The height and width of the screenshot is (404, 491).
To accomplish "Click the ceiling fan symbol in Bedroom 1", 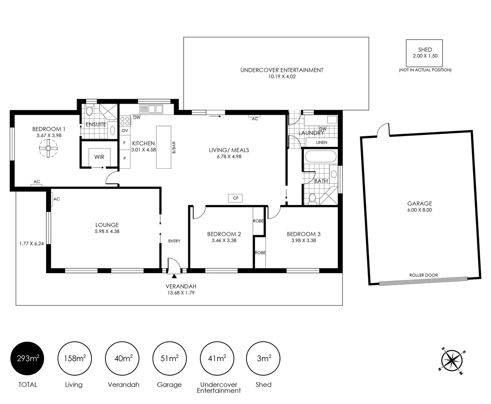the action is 48,148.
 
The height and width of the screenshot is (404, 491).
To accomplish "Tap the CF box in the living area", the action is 235,198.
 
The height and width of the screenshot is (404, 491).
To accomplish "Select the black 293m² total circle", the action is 27,358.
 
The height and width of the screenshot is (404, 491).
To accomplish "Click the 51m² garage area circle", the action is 170,358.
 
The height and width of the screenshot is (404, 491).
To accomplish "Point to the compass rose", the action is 452,361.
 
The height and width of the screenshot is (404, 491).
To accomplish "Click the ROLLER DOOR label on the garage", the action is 424,275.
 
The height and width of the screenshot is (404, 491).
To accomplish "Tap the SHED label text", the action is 425,50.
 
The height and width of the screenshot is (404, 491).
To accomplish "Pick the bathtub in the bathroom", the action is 321,156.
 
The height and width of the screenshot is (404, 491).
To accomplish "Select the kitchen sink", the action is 151,109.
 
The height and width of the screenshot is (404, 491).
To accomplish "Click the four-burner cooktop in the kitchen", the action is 125,122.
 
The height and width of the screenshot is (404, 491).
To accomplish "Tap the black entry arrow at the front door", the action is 174,276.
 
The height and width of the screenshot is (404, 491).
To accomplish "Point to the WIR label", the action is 99,157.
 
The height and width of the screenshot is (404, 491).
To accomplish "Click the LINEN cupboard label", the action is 321,143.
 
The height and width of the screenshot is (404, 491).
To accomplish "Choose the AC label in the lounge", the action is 57,199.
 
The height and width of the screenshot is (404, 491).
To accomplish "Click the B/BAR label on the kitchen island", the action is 174,147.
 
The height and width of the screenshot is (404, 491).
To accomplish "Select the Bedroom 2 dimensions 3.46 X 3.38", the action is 224,241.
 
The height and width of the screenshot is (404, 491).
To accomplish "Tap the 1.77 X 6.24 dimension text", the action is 31,244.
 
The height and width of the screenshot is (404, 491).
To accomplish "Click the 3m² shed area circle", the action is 263,358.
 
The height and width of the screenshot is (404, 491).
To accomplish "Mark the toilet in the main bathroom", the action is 312,199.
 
